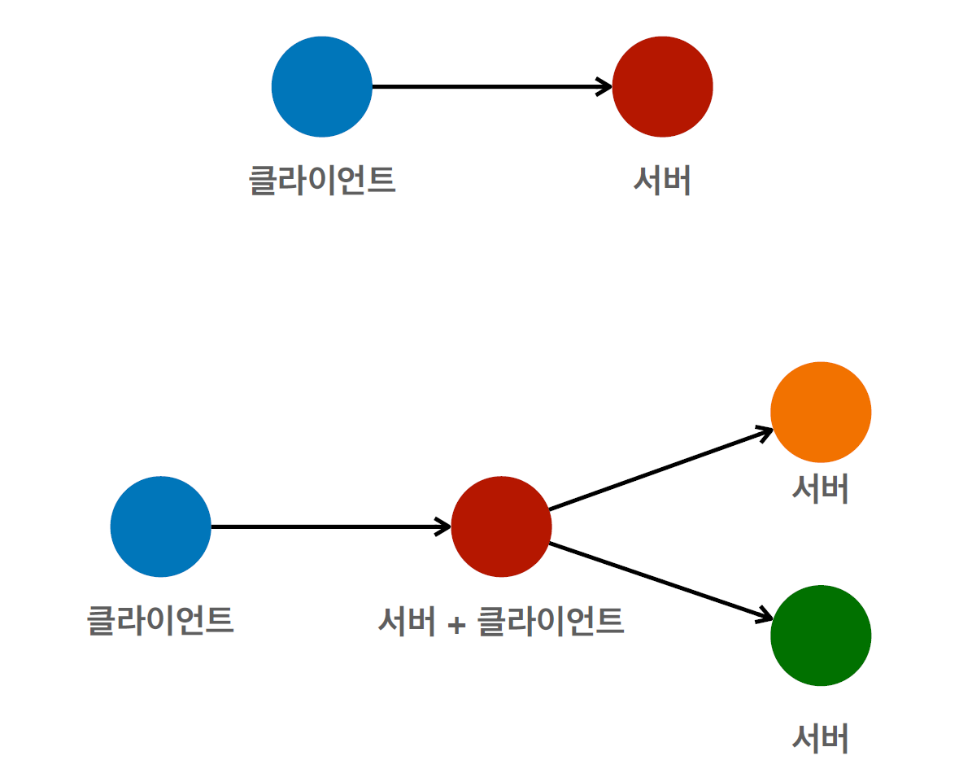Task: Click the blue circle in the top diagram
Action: tap(321, 86)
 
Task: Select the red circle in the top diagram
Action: tap(662, 86)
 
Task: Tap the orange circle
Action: tap(821, 412)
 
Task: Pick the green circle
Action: tap(821, 636)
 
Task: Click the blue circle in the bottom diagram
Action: tap(160, 526)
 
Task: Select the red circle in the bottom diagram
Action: tap(501, 526)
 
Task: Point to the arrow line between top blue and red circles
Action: tap(488, 86)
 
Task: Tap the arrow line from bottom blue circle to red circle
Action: tap(325, 526)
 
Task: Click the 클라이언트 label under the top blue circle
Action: tap(321, 180)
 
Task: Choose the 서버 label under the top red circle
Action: tap(662, 180)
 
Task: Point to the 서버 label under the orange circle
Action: tap(821, 489)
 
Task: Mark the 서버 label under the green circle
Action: tap(821, 738)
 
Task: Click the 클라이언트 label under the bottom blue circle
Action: tap(160, 620)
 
